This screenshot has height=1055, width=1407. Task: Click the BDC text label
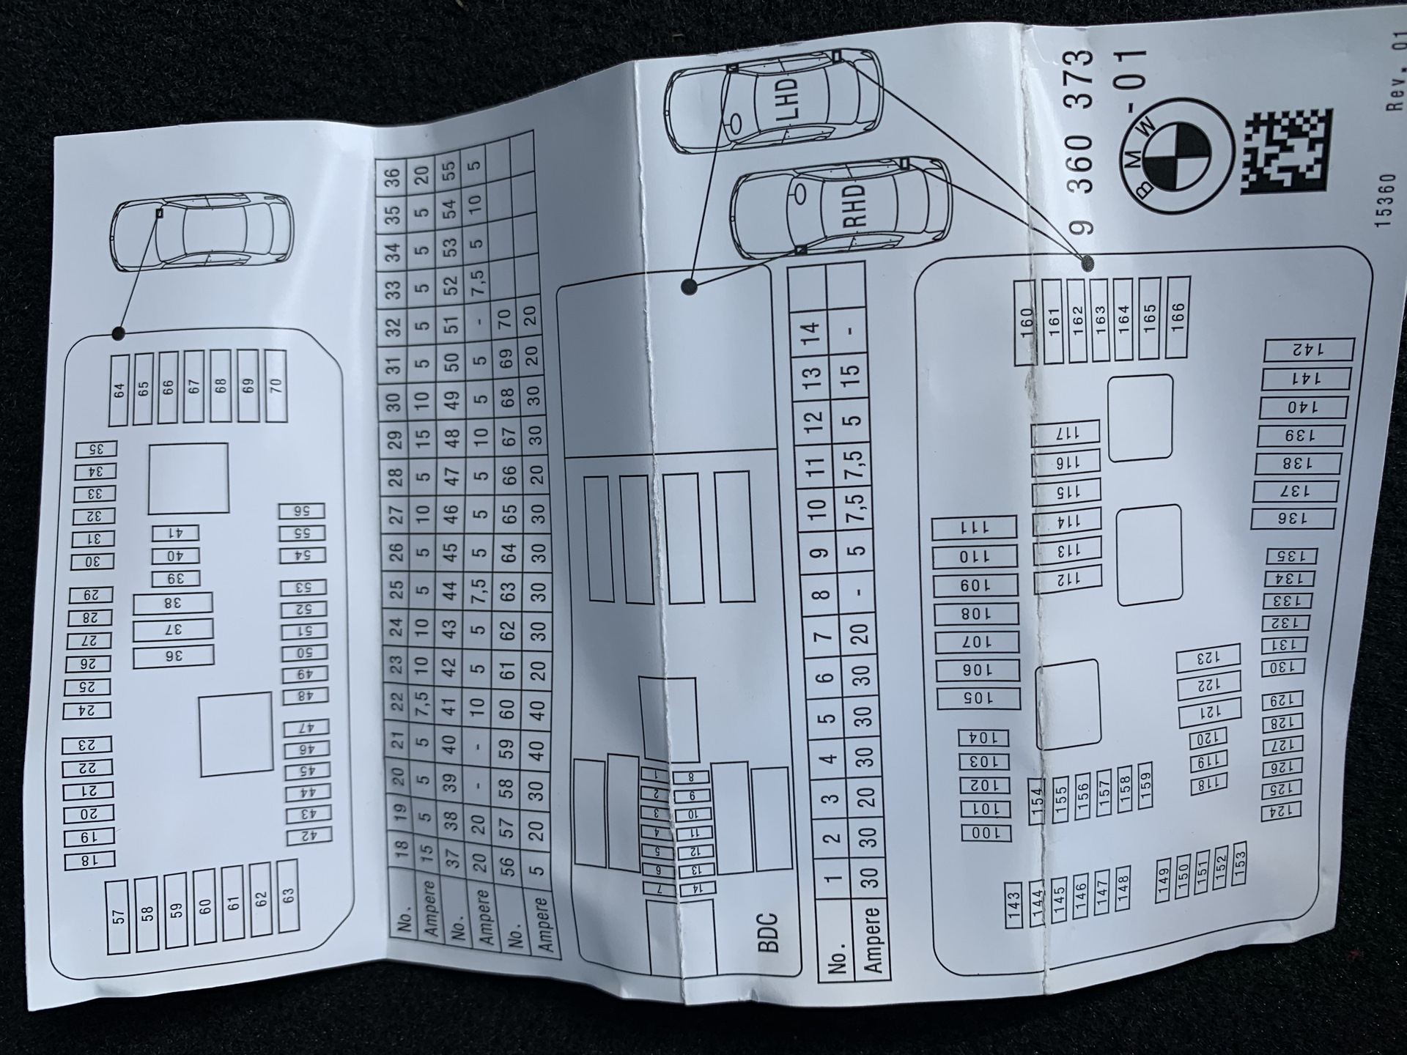pos(768,932)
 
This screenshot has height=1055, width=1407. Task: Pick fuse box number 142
pos(1308,349)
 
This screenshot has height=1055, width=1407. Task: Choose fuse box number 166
pos(1177,317)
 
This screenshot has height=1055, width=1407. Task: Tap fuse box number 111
pos(974,527)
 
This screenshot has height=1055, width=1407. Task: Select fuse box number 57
pos(118,916)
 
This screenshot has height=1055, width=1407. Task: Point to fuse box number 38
pos(173,604)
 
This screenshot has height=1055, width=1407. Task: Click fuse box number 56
pos(301,511)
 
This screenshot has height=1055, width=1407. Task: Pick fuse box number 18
pos(89,861)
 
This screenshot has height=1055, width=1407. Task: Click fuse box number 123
pos(1207,658)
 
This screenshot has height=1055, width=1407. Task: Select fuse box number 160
pos(1025,323)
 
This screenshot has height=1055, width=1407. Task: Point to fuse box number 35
pos(96,450)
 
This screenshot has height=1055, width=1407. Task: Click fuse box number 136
pos(1292,519)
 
